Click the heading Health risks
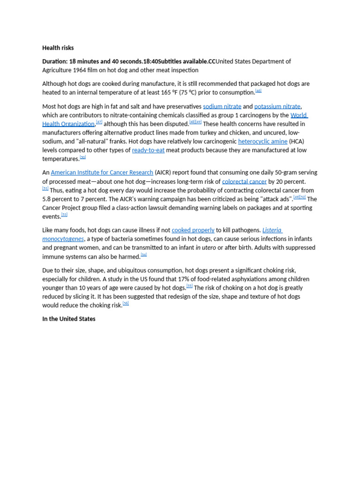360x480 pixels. coord(58,48)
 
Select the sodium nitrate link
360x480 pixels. coord(222,106)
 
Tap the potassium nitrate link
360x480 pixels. coord(277,106)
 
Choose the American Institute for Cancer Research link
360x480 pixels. coord(102,172)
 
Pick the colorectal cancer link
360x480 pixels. coord(244,181)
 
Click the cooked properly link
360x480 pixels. coord(193,230)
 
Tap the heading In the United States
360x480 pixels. coord(68,319)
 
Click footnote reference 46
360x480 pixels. coord(258,90)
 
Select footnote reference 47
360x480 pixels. coord(99,122)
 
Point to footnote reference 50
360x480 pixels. coord(83,157)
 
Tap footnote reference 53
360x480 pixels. coord(64,215)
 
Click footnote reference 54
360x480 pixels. coord(144,255)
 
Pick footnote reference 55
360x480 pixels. coord(189,285)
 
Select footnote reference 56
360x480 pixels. coord(126,303)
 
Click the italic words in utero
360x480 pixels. coord(206,247)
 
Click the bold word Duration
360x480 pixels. coord(55,61)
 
